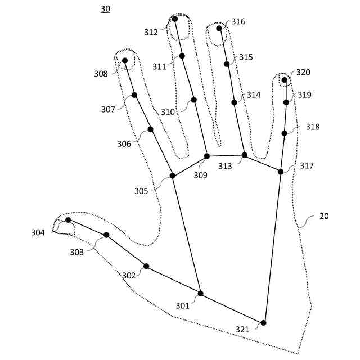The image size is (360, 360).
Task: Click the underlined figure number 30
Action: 106,9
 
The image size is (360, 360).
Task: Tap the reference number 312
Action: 151,33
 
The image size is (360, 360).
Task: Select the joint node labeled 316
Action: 219,28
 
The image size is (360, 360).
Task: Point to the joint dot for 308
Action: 125,60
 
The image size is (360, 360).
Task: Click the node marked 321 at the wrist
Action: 263,323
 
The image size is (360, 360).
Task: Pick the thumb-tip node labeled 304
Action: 68,220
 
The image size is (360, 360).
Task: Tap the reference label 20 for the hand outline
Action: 324,216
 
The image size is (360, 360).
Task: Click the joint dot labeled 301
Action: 200,294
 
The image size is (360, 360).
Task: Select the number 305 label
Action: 141,191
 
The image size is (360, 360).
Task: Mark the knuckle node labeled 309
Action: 206,156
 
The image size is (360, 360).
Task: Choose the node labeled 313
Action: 244,155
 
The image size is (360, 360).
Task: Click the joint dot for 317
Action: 281,172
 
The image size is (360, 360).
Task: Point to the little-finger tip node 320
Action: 285,80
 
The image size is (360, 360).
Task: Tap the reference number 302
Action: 129,276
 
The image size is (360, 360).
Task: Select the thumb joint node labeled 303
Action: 106,235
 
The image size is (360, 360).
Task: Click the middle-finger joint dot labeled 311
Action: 182,56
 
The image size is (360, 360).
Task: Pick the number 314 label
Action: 254,95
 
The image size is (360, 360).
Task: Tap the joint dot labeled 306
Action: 150,129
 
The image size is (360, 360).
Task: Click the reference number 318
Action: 313,127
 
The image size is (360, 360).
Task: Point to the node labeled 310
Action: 193,100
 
